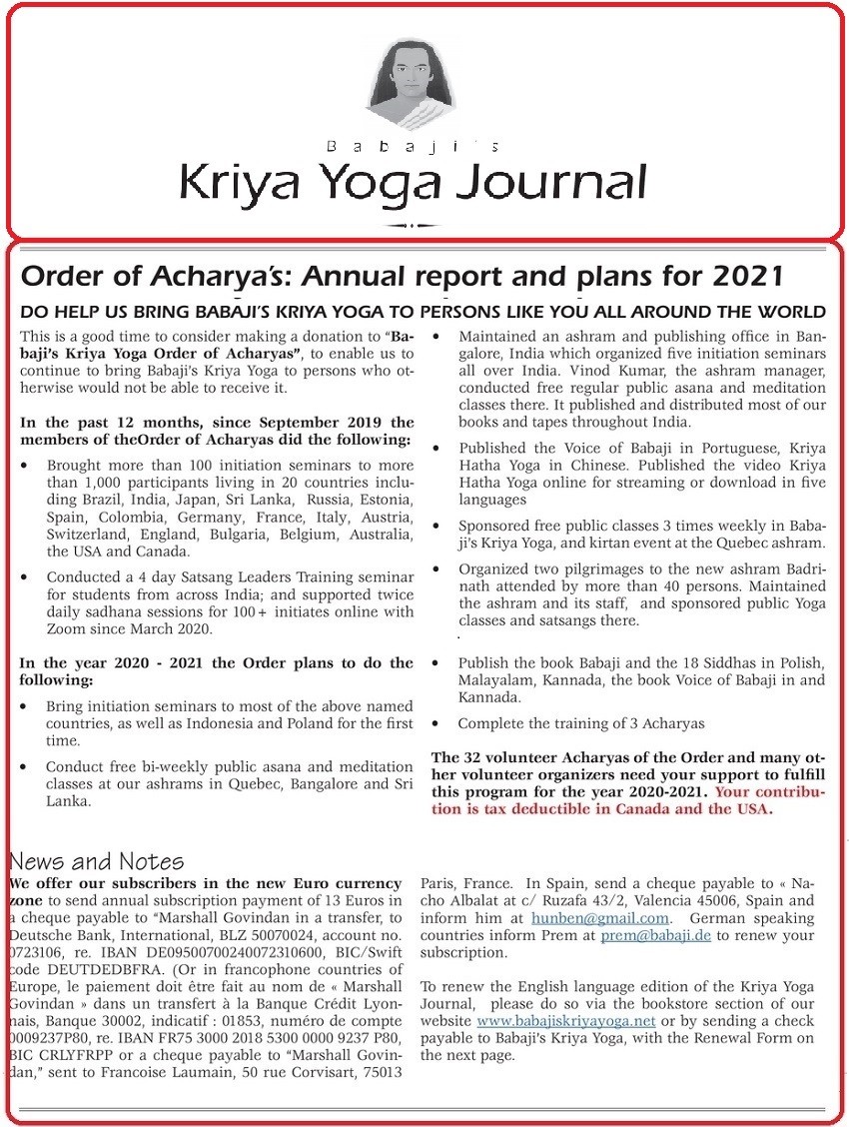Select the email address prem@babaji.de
(650, 935)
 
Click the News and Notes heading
(96, 861)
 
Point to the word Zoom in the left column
(66, 628)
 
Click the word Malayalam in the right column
(496, 679)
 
